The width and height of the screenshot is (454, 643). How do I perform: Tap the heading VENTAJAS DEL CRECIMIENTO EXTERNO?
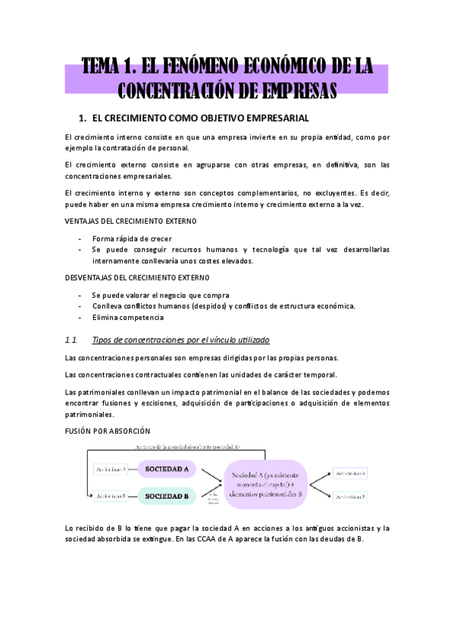tap(131, 221)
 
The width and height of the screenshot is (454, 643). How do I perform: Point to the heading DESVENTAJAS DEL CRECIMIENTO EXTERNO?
tap(139, 278)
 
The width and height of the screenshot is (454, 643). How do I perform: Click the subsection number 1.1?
tap(73, 339)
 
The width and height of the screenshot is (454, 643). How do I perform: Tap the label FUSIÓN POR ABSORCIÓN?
tap(108, 431)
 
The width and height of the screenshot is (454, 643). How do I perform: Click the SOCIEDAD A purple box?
tap(167, 469)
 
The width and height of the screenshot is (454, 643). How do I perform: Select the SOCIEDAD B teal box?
tap(167, 496)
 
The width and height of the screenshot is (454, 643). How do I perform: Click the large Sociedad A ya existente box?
tap(265, 483)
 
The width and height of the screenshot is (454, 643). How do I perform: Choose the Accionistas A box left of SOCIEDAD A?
tap(111, 469)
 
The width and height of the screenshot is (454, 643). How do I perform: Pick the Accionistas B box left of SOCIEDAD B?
tap(111, 496)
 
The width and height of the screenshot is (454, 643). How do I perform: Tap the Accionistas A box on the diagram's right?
tap(353, 472)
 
